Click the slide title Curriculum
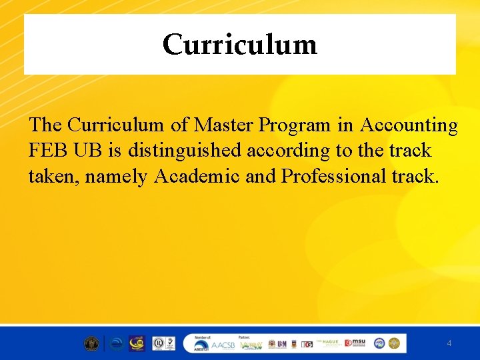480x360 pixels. point(239,45)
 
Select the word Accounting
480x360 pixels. point(409,125)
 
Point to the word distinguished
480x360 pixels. point(185,151)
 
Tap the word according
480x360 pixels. point(289,151)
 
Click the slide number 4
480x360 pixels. point(449,343)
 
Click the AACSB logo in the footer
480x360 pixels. point(223,345)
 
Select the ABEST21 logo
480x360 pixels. point(201,345)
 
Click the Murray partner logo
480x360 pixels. point(252,345)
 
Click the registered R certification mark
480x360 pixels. point(159,343)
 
